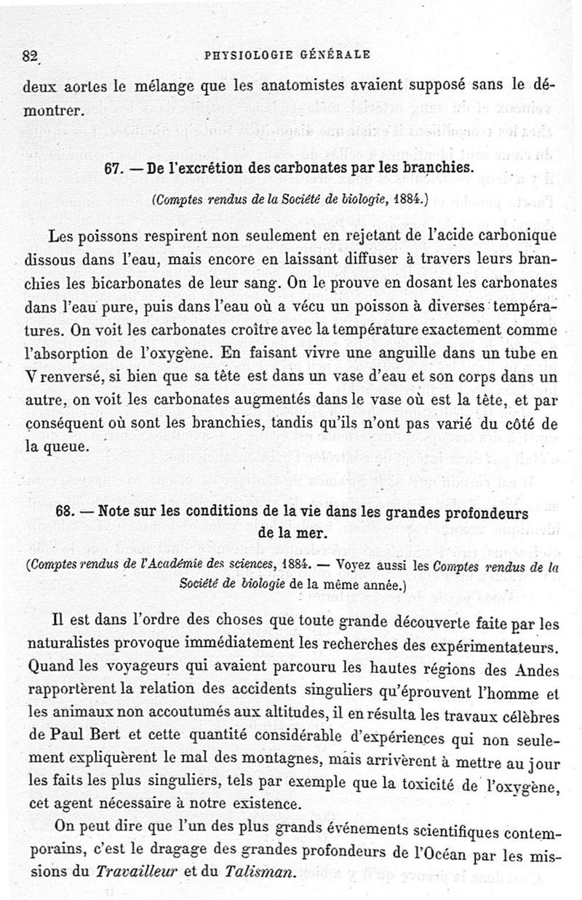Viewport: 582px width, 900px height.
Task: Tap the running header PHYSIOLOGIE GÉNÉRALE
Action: coord(288,54)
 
